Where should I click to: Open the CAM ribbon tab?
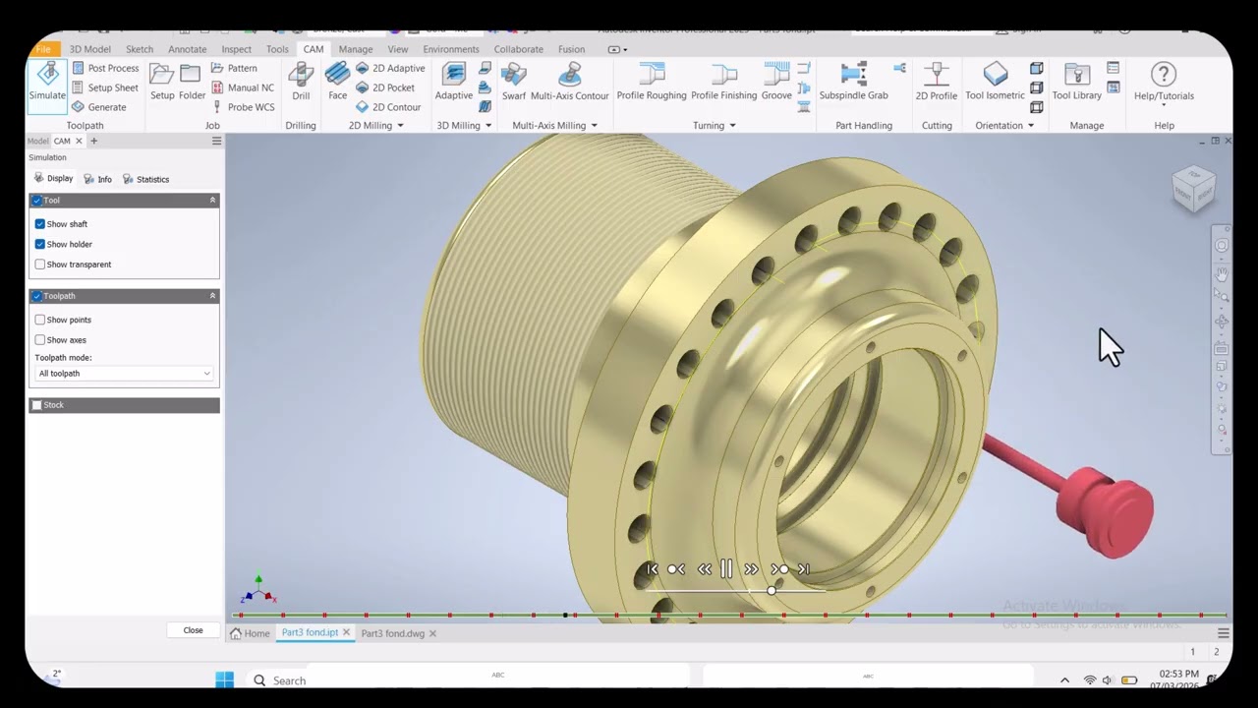point(313,49)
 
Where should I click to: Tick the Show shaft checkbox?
point(40,224)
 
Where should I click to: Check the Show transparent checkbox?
point(40,265)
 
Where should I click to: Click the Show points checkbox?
point(40,320)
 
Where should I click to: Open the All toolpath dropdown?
point(124,374)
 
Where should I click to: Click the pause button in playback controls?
point(726,569)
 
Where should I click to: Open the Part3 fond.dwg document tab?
point(392,633)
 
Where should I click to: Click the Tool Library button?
point(1076,80)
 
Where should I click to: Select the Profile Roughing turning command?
point(651,80)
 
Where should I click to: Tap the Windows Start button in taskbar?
point(224,679)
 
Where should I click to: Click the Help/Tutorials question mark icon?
point(1164,75)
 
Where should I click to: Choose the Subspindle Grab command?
point(853,80)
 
